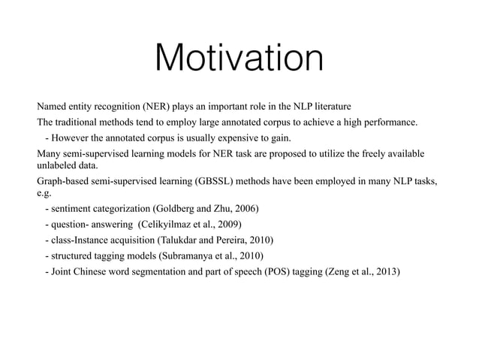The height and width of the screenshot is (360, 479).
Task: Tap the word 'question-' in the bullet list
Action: tap(72, 224)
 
